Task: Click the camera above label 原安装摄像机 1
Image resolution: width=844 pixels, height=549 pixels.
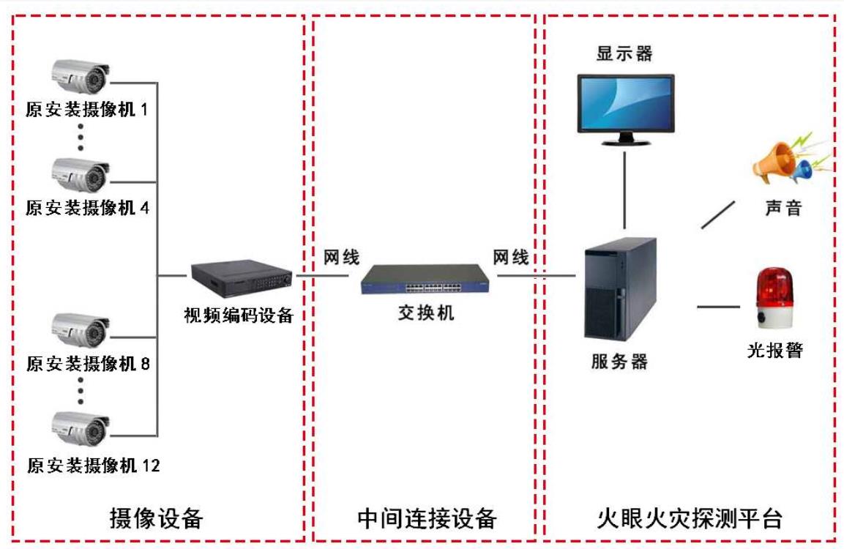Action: point(81,76)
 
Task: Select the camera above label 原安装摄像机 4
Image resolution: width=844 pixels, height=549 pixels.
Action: point(81,175)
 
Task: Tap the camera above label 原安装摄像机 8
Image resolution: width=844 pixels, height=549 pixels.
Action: point(81,330)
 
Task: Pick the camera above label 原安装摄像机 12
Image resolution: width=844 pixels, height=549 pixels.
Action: point(81,429)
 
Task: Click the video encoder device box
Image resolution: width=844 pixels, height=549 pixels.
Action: point(242,278)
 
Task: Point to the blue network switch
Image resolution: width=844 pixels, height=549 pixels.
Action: point(425,279)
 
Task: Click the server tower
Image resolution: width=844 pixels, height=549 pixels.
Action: point(621,288)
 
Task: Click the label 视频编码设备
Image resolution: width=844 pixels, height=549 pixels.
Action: point(239,315)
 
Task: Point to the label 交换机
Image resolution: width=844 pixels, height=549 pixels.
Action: point(426,312)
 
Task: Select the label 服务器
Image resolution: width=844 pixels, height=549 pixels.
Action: point(619,361)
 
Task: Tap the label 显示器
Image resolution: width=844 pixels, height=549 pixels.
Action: point(624,53)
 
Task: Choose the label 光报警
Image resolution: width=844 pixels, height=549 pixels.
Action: point(775,350)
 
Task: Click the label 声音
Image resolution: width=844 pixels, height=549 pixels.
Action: point(784,208)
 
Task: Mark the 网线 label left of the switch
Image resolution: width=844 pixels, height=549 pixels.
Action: point(341,257)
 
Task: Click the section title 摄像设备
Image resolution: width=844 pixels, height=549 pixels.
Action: point(157,518)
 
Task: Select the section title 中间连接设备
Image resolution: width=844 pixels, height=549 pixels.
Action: point(426,518)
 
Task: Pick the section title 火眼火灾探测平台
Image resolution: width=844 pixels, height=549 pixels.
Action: point(690,518)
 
